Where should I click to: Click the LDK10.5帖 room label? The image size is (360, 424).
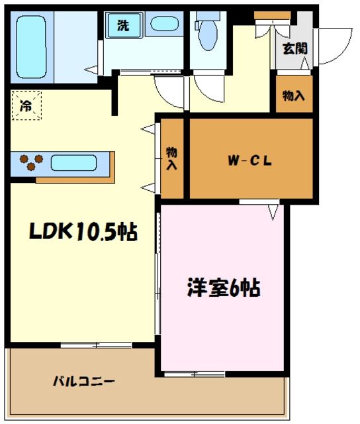82,232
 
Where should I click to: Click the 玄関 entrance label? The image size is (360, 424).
294,48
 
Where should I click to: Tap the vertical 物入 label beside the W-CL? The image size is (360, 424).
172,158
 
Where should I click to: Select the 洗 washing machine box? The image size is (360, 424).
123,26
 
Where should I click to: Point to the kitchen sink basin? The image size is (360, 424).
73,162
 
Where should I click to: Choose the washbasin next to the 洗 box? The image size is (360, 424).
163,25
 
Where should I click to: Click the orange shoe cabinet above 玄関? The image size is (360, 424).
267,15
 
